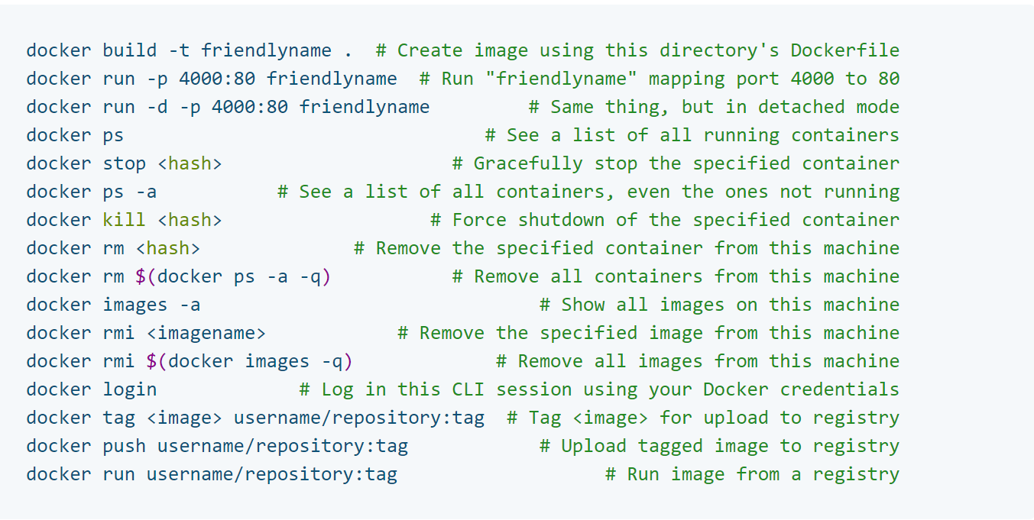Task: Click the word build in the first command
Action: pos(129,51)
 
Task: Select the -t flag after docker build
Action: pos(179,51)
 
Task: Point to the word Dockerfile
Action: pos(844,51)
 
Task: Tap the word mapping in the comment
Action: pos(687,79)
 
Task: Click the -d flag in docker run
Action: pos(157,108)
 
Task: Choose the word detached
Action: pos(801,108)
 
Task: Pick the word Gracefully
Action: pos(528,164)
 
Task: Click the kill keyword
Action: pos(124,221)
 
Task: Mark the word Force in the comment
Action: pos(479,221)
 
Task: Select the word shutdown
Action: pos(562,221)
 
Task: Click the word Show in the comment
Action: pos(583,305)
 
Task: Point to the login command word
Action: pos(129,390)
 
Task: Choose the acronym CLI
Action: pos(468,390)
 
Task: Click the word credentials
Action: pos(839,390)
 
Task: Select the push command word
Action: pos(124,447)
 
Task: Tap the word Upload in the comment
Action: pos(594,447)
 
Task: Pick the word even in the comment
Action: pos(649,192)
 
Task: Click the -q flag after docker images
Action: pos(332,362)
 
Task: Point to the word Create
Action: pos(430,51)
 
